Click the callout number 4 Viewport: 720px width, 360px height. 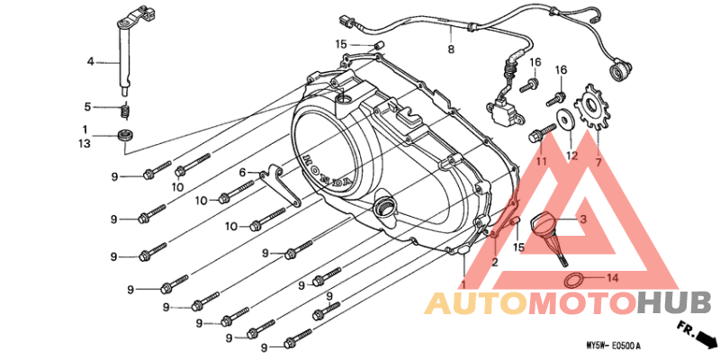[x=91, y=61]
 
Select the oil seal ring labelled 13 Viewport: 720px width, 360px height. [x=125, y=136]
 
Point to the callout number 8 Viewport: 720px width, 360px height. [x=451, y=49]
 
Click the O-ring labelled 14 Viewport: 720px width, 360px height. [x=572, y=280]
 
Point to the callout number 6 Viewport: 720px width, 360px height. [x=242, y=173]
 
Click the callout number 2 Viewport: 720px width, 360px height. [x=494, y=262]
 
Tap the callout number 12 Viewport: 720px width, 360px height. [x=571, y=156]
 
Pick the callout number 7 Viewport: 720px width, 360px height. [x=598, y=162]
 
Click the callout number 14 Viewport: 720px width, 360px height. [x=613, y=278]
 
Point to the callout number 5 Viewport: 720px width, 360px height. [x=87, y=107]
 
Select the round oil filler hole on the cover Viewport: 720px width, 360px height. [x=385, y=208]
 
